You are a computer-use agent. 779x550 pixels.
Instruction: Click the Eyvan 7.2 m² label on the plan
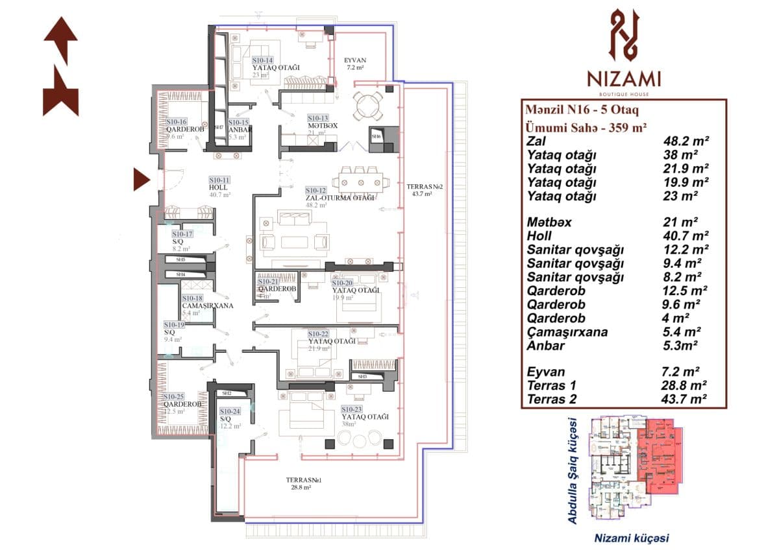(x=355, y=64)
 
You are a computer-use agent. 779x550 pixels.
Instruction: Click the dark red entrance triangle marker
(x=141, y=179)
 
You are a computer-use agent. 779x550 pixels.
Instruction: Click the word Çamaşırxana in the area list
(x=567, y=332)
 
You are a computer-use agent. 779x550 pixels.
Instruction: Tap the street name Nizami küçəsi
(x=632, y=538)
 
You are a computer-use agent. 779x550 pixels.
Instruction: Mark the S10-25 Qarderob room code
(x=174, y=396)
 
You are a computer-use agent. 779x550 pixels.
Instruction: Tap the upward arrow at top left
(x=61, y=39)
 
